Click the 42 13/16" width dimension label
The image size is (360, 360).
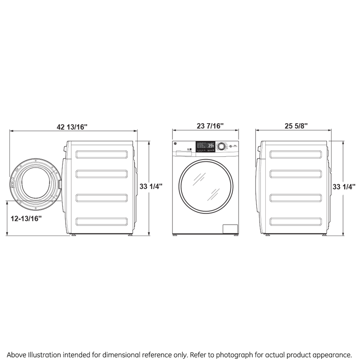tap(72, 127)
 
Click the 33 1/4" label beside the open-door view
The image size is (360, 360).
tap(151, 186)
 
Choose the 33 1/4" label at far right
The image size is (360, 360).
tap(344, 186)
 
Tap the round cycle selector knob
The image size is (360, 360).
tap(220, 146)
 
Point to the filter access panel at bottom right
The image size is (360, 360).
tap(230, 229)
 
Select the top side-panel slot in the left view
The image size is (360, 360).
tap(102, 154)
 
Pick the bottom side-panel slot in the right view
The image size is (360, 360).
tap(296, 221)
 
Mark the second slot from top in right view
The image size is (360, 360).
tap(296, 174)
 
